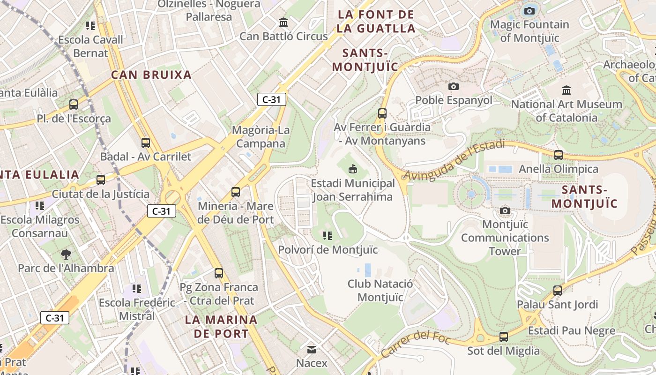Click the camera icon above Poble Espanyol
[453, 86]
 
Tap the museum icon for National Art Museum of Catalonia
[567, 90]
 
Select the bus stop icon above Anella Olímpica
[558, 155]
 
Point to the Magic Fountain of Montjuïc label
[529, 31]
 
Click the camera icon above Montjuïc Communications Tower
[505, 210]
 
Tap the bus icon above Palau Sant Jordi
[557, 290]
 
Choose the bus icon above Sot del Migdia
[503, 337]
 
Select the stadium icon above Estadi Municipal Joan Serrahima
[353, 169]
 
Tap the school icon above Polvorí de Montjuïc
[328, 235]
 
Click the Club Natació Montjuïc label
[380, 290]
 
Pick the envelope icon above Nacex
[311, 349]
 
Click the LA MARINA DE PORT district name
[221, 327]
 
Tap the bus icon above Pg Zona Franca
[218, 273]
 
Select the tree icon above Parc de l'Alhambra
[66, 254]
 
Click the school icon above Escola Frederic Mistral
[136, 288]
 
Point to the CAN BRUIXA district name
[151, 75]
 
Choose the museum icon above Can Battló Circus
[283, 22]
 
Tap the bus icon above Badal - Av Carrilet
[145, 142]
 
